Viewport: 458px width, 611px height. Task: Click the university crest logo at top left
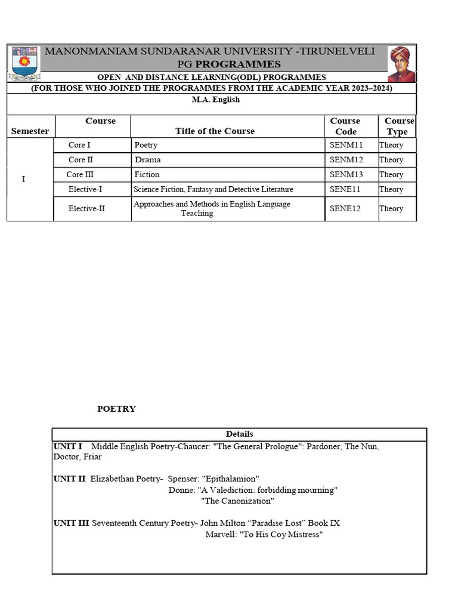click(24, 64)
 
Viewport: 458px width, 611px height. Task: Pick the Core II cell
click(81, 160)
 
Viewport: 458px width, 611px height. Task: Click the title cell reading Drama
click(147, 160)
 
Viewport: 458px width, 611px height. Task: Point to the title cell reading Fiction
click(147, 175)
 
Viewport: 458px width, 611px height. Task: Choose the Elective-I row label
click(85, 189)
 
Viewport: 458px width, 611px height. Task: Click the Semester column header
click(30, 131)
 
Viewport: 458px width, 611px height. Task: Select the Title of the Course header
click(215, 131)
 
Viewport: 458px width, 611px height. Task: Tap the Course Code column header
click(345, 126)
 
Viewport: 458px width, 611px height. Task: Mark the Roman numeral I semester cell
click(23, 179)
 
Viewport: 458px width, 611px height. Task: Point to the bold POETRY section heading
click(116, 409)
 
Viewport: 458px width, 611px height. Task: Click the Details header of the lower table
click(239, 434)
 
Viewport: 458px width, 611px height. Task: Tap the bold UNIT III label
click(71, 523)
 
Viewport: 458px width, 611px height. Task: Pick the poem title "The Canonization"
click(237, 501)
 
